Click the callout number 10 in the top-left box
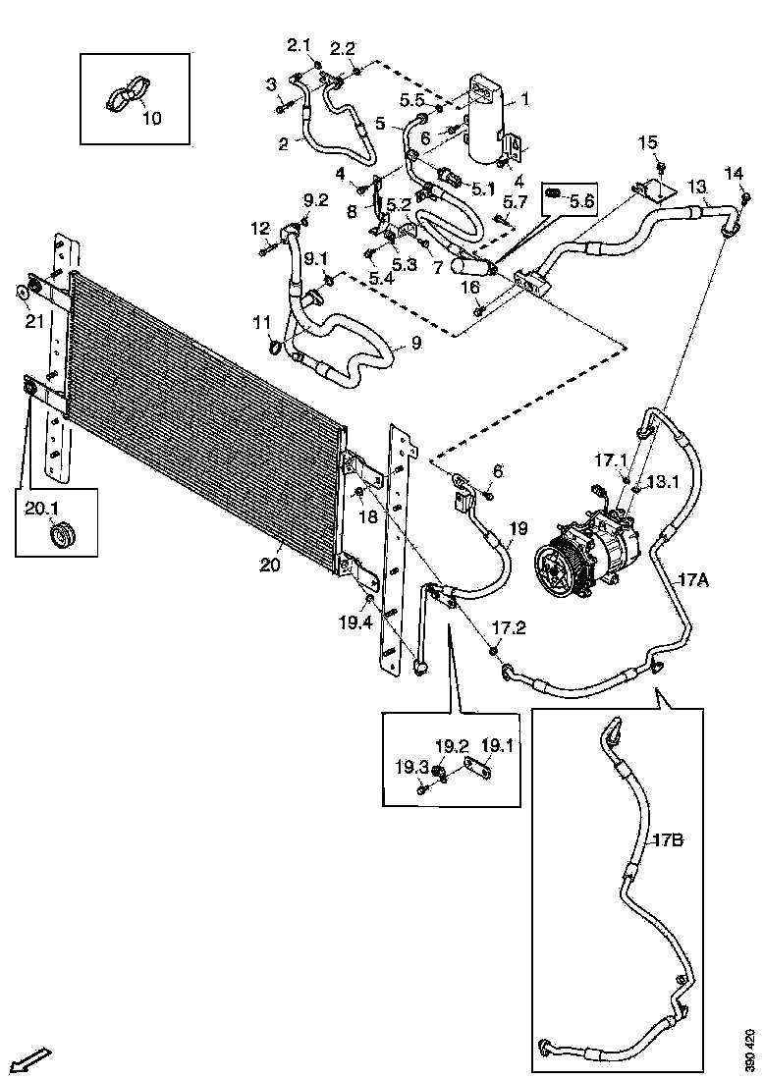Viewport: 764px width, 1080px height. (x=152, y=119)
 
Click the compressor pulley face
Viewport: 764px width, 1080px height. (x=558, y=569)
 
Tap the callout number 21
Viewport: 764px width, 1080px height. (x=34, y=321)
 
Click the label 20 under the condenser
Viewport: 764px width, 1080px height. (x=270, y=565)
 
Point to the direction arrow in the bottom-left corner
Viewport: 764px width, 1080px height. (x=30, y=1060)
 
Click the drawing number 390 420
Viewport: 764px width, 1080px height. (x=751, y=1051)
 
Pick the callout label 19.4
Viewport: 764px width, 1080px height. (x=355, y=621)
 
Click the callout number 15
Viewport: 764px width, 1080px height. (x=648, y=143)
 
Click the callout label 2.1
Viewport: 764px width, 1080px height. (x=299, y=45)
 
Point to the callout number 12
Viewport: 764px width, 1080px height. (x=259, y=228)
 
